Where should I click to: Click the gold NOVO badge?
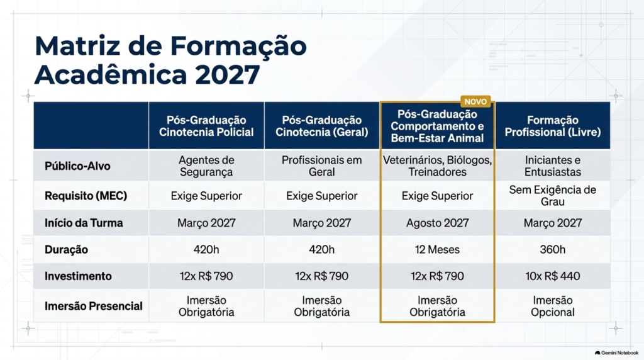click(x=475, y=101)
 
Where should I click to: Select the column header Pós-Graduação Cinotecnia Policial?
click(x=206, y=126)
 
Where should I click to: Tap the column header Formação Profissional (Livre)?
click(x=552, y=126)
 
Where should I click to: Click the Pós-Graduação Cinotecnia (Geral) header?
click(x=321, y=126)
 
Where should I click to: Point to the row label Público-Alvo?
click(x=77, y=166)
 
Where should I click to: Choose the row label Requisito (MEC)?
click(x=86, y=196)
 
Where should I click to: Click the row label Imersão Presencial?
click(x=94, y=306)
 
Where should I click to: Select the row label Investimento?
click(x=78, y=276)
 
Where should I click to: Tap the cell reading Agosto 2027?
click(x=438, y=223)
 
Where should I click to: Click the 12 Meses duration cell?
click(x=438, y=249)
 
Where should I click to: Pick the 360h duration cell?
click(x=552, y=249)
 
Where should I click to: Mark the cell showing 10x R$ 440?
click(x=552, y=276)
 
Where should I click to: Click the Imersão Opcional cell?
click(x=552, y=306)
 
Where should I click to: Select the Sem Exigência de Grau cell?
click(x=552, y=196)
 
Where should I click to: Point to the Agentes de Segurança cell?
click(x=206, y=166)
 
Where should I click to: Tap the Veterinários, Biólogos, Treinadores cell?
click(x=438, y=166)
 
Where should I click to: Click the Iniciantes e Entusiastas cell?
click(x=552, y=166)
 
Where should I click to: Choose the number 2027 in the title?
click(x=227, y=75)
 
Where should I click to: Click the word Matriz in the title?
click(x=77, y=45)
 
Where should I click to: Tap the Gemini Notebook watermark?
click(x=616, y=353)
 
